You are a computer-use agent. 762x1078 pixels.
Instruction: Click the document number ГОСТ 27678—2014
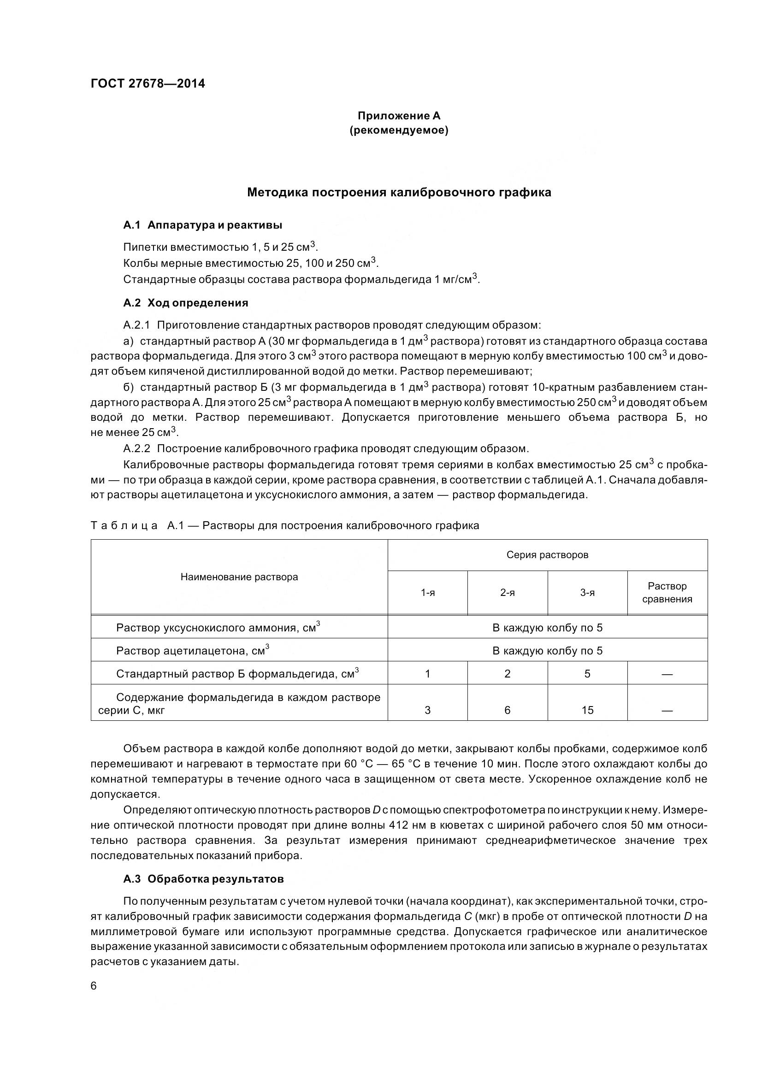[x=148, y=83]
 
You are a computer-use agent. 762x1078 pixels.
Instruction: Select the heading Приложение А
[x=399, y=116]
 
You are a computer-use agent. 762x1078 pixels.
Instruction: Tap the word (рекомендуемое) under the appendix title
[x=399, y=130]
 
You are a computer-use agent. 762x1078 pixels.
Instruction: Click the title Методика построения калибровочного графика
[x=399, y=192]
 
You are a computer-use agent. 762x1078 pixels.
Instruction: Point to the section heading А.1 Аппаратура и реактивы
[x=202, y=225]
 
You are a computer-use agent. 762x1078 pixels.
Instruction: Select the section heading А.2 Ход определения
[x=185, y=303]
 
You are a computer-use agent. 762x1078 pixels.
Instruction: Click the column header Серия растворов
[x=547, y=555]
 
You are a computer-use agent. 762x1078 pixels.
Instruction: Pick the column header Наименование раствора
[x=239, y=577]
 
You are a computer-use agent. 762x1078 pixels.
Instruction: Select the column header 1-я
[x=427, y=593]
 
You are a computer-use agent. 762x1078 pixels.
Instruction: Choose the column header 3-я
[x=587, y=593]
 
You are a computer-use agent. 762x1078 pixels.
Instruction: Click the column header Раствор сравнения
[x=667, y=593]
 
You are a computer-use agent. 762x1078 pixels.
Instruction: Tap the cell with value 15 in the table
[x=587, y=710]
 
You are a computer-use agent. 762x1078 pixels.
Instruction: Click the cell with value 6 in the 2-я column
[x=507, y=710]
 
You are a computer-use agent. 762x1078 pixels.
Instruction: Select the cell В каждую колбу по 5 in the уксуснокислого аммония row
[x=547, y=628]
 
